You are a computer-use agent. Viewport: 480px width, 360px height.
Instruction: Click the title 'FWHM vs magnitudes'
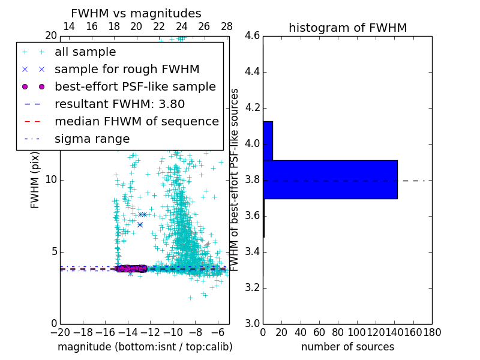click(136, 14)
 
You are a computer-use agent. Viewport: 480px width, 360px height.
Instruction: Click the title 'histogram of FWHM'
click(347, 28)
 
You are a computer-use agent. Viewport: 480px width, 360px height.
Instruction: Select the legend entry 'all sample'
click(85, 52)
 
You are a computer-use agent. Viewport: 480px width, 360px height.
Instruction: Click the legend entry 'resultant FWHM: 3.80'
click(119, 104)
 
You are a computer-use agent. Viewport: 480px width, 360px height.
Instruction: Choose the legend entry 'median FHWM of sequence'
click(136, 121)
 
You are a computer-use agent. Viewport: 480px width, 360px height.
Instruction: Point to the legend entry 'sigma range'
click(92, 139)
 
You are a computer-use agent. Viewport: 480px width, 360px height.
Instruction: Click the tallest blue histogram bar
click(330, 179)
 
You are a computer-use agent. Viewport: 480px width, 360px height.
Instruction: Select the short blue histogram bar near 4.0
click(268, 140)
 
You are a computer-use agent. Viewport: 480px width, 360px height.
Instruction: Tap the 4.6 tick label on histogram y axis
click(252, 36)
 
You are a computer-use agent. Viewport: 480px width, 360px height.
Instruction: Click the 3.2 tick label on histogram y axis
click(252, 287)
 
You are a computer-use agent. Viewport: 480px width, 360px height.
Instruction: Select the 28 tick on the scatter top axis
click(227, 26)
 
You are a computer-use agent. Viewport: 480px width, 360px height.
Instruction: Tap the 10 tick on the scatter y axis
click(51, 180)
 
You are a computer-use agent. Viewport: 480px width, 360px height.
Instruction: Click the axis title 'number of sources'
click(347, 347)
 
